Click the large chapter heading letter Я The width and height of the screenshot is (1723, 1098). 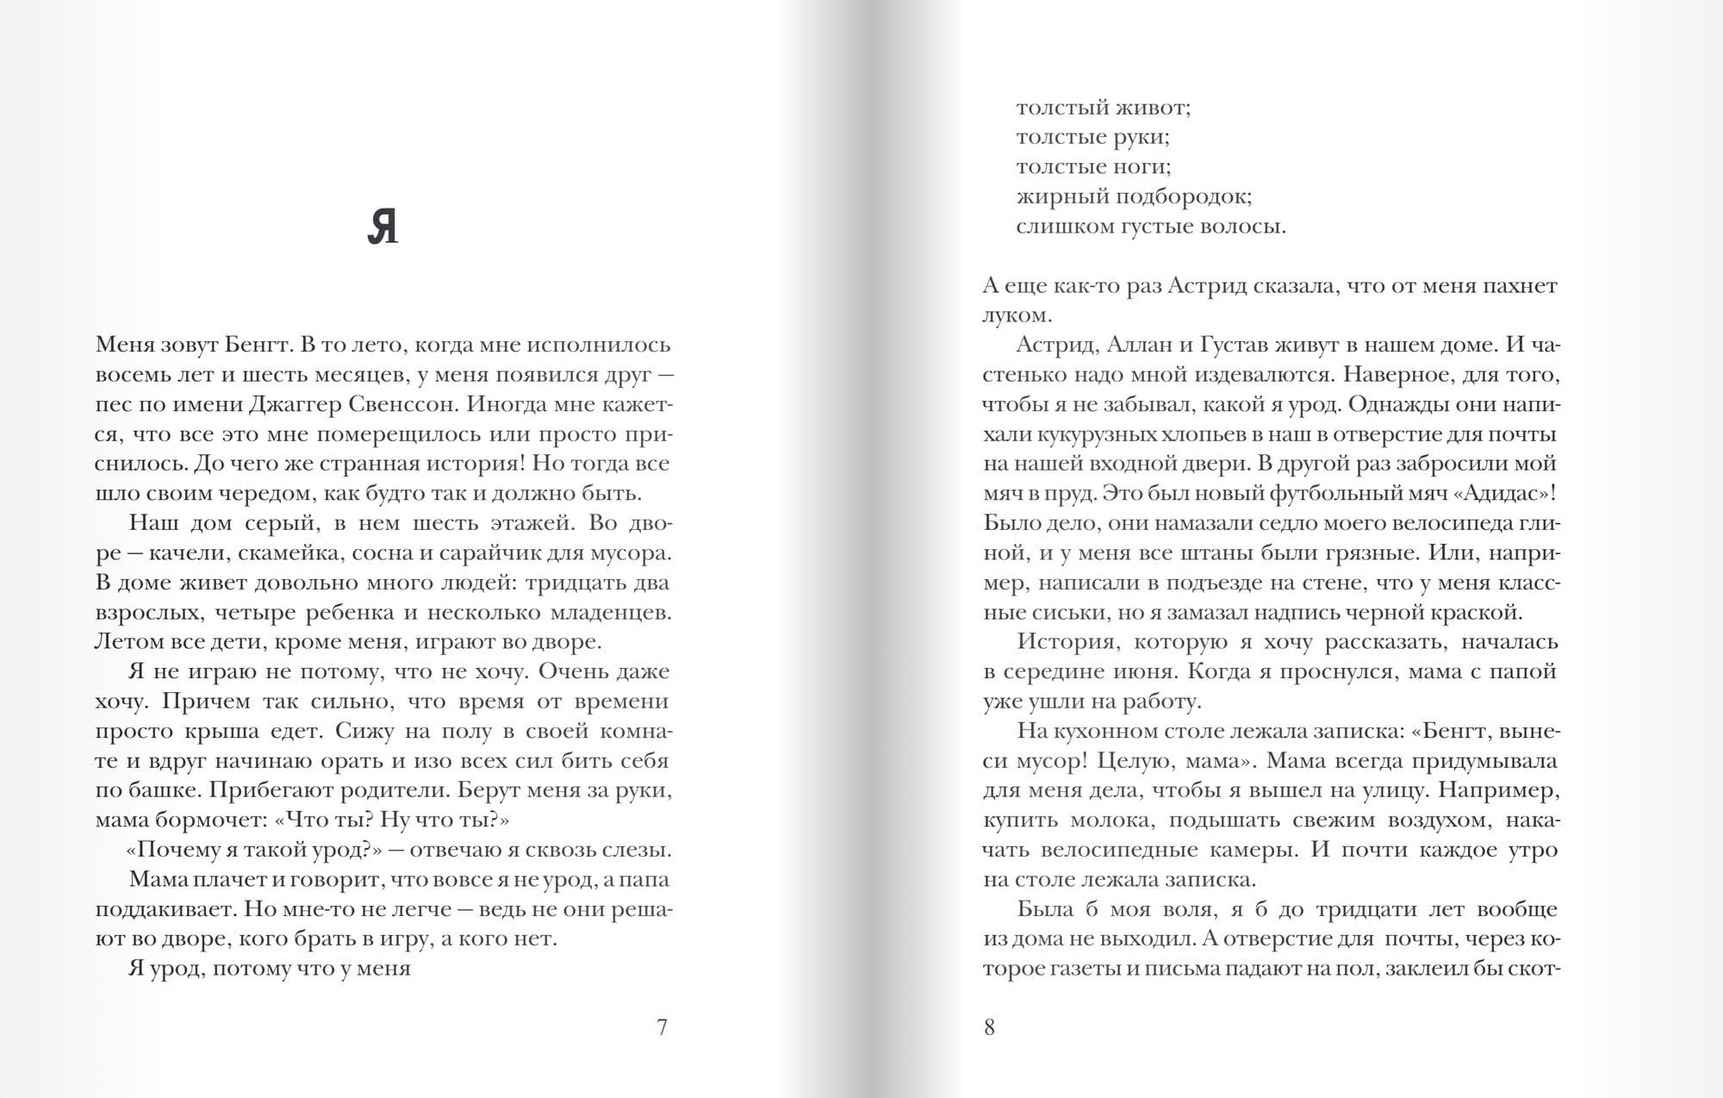383,228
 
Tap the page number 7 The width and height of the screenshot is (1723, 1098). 662,1027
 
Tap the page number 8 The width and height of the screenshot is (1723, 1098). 989,1027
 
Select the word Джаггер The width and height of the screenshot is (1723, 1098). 296,404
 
